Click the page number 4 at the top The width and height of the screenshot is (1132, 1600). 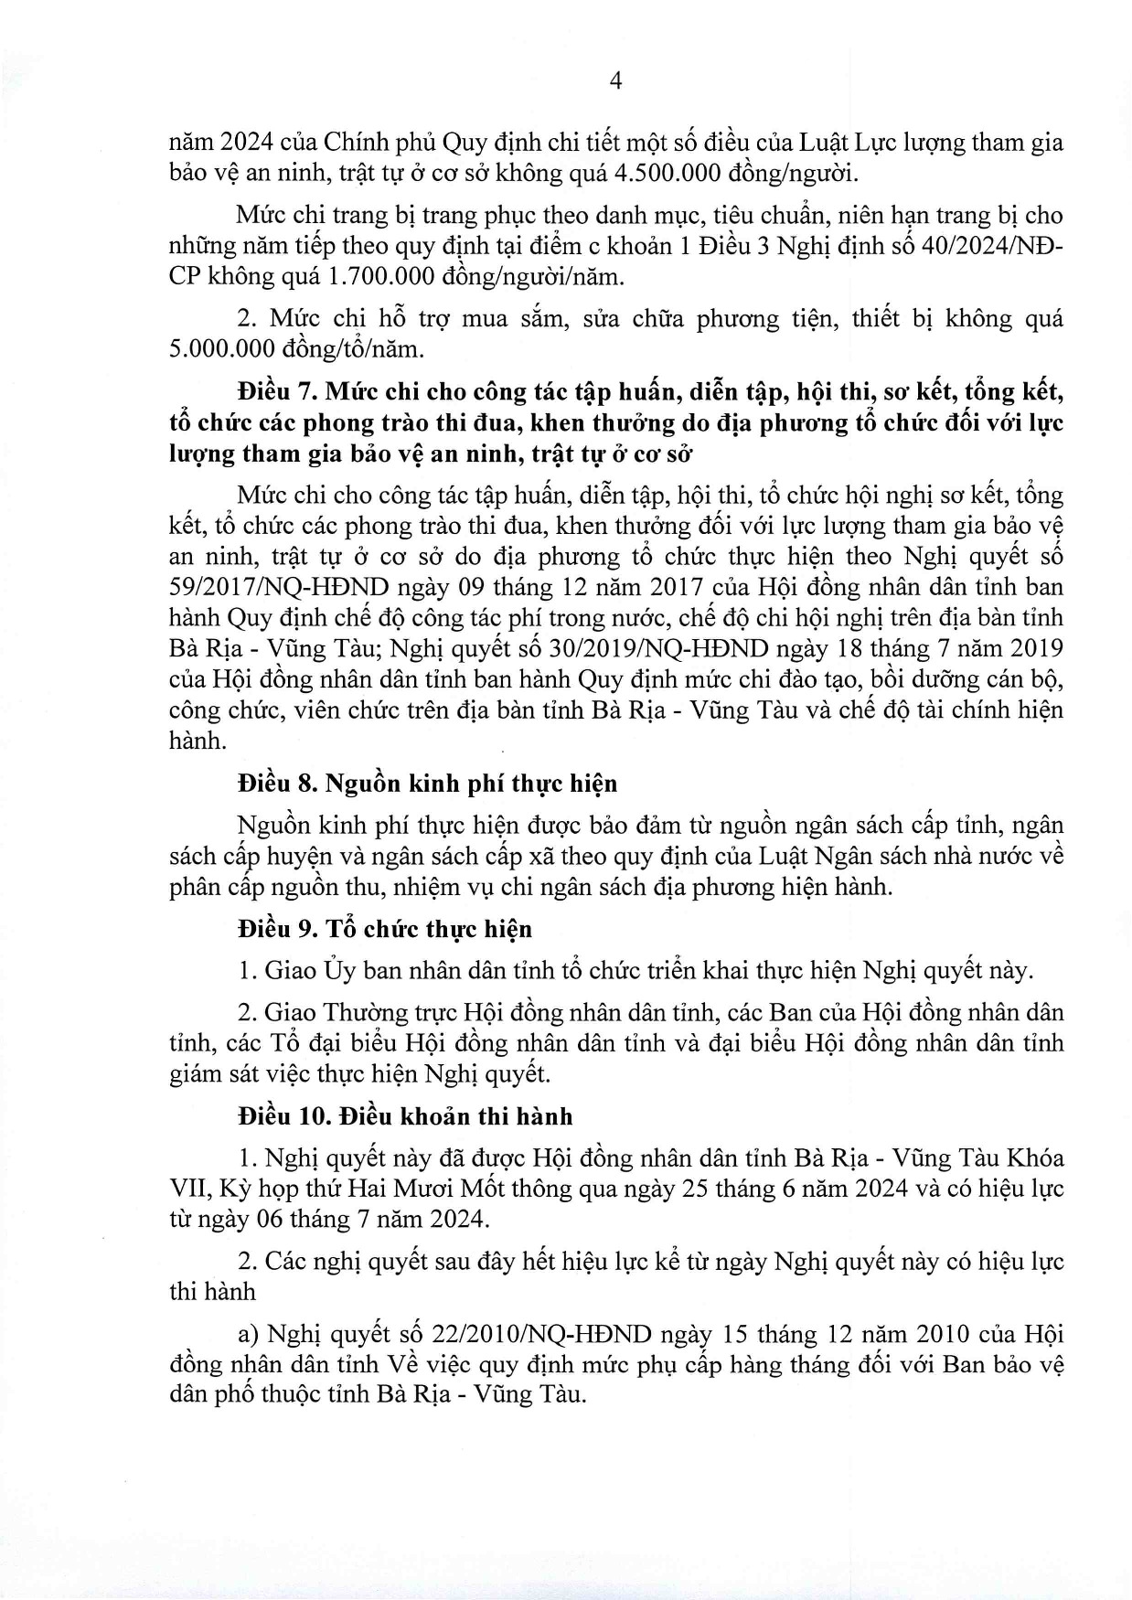click(615, 82)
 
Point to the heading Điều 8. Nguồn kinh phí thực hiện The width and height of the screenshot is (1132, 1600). click(427, 784)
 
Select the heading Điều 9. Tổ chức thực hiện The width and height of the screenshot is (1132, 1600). click(384, 930)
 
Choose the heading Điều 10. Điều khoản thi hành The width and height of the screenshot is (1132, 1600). click(404, 1116)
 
